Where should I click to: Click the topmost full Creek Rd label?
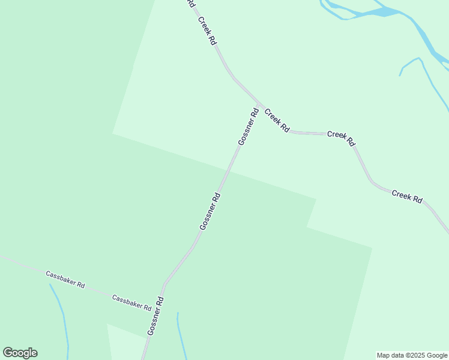(x=208, y=31)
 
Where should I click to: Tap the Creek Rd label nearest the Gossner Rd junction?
(x=277, y=120)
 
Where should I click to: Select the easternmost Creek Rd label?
(x=407, y=196)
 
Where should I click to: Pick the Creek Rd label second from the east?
(x=342, y=138)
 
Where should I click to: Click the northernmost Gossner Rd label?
(x=248, y=126)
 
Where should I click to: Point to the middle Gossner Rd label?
(x=210, y=211)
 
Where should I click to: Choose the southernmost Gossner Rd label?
(x=155, y=316)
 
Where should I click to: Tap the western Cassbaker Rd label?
(x=65, y=278)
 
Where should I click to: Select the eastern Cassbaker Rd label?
(x=131, y=302)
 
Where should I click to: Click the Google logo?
(x=20, y=353)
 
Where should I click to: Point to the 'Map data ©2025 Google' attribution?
(x=412, y=355)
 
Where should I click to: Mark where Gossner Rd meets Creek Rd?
(x=258, y=104)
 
